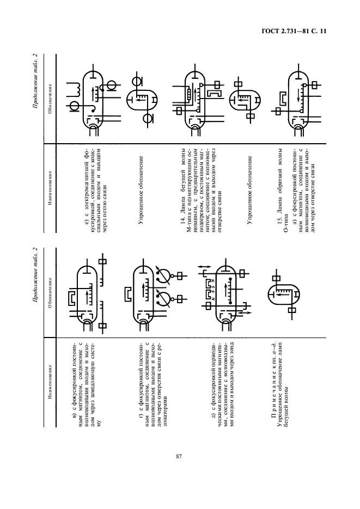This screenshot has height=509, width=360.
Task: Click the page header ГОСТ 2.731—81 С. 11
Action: point(294,32)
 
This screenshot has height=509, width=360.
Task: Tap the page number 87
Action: point(179,456)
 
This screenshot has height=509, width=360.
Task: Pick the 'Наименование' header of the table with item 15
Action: point(50,188)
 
